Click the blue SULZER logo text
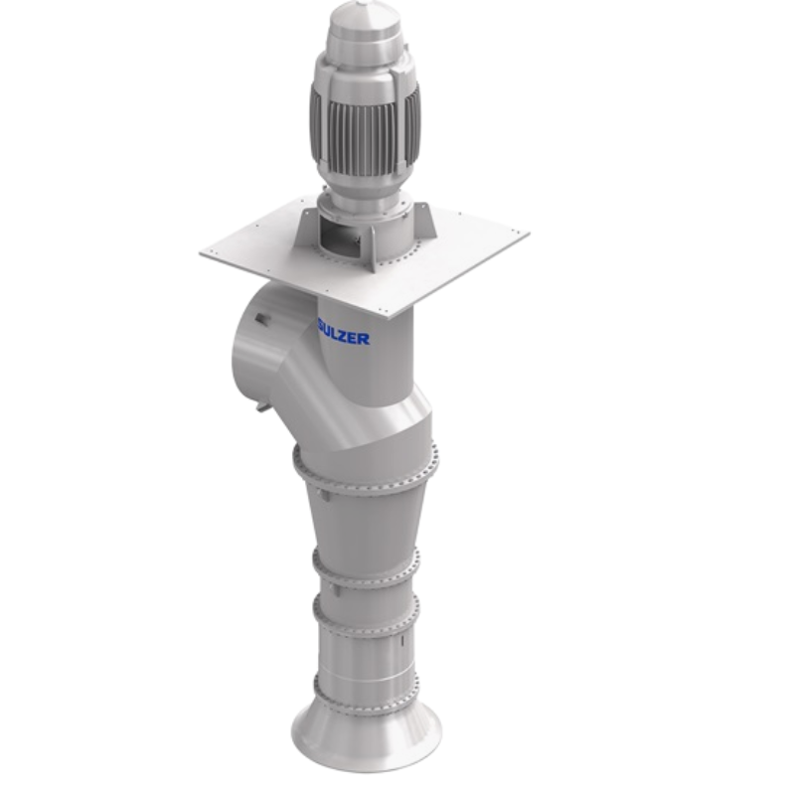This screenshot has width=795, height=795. pos(344,337)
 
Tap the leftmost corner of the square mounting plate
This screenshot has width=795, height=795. pos(203,253)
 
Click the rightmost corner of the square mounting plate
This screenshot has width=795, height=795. pos(526,235)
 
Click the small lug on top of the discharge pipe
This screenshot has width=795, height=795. pos(260,319)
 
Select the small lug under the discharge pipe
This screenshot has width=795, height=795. pos(261,404)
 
